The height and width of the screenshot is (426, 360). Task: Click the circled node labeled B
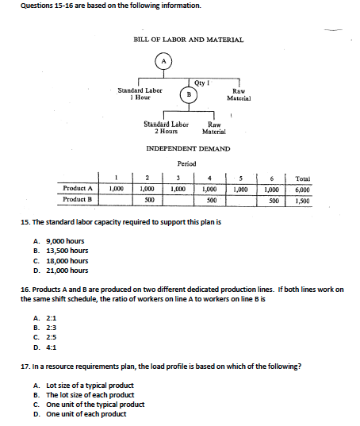(188, 94)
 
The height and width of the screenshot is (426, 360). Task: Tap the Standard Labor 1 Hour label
(140, 94)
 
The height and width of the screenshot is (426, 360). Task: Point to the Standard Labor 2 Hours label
(166, 127)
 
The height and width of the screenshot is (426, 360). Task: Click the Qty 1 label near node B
(201, 82)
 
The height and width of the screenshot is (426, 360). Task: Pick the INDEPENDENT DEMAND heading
(189, 148)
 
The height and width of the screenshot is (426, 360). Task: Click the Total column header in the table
(302, 178)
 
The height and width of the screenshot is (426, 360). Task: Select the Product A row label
(79, 190)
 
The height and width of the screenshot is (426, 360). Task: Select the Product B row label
(79, 200)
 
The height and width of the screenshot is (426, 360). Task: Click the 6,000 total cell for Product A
(302, 190)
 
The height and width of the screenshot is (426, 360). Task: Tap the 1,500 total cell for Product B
(302, 200)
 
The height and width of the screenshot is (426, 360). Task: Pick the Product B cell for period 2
(147, 200)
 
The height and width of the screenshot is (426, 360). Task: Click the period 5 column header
(241, 178)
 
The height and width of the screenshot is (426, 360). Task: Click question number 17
(26, 368)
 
